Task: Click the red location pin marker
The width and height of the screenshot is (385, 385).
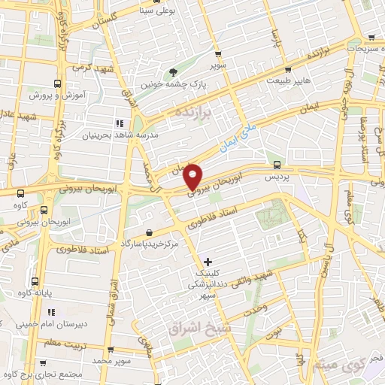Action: (193, 176)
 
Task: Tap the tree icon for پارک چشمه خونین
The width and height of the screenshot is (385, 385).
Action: (174, 73)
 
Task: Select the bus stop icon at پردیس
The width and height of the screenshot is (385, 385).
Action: (277, 164)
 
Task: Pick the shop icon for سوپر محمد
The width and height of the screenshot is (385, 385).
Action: (110, 350)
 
